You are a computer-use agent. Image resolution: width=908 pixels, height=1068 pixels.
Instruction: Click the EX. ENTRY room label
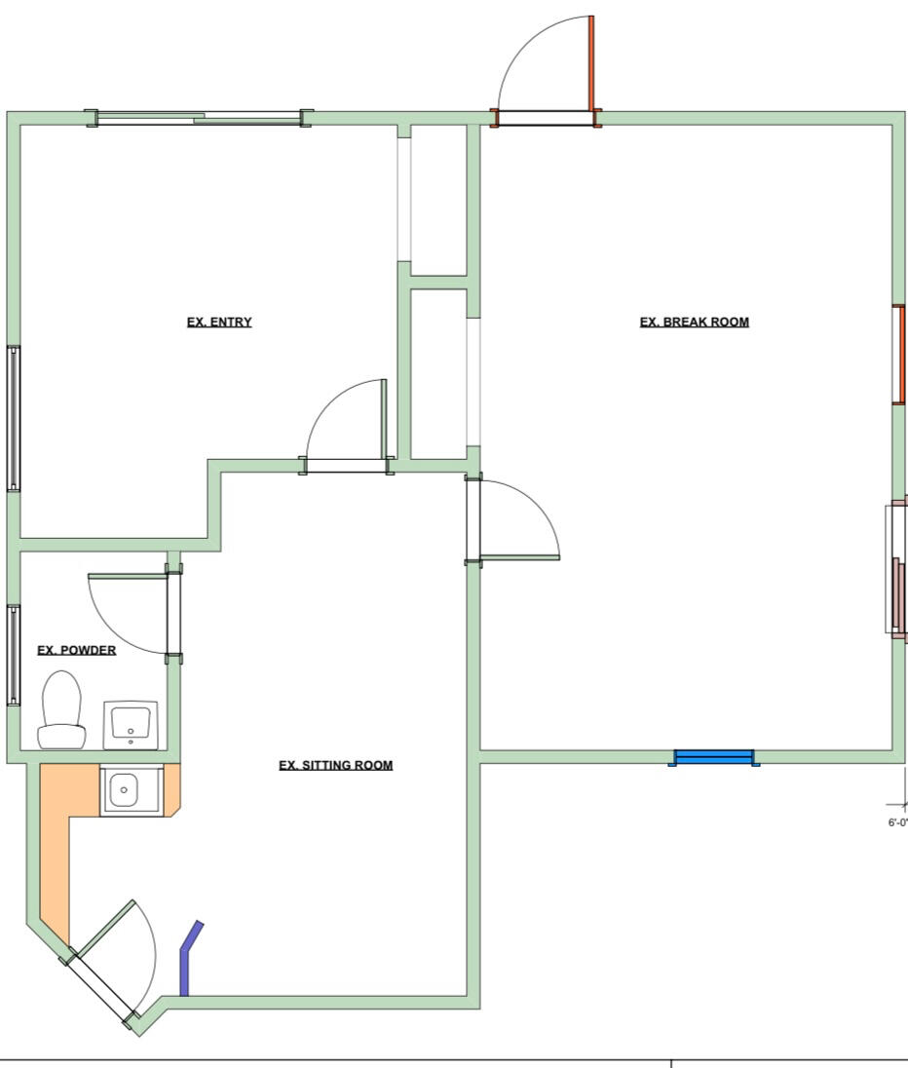coord(219,323)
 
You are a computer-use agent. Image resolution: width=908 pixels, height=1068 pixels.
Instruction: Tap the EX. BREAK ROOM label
coord(694,323)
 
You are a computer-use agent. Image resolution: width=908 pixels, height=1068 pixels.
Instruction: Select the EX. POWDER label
coord(76,650)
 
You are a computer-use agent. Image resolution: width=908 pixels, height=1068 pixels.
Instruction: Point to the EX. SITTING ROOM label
coord(335,765)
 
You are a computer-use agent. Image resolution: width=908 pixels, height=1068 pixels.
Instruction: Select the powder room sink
coord(131,724)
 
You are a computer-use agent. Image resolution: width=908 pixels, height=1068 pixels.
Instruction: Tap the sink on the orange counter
coord(124,789)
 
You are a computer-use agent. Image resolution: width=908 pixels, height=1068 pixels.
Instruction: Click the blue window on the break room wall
coord(714,757)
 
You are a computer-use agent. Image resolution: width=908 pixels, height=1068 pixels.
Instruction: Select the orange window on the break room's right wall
coord(900,354)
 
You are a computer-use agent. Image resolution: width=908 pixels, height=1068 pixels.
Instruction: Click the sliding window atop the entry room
coord(199,119)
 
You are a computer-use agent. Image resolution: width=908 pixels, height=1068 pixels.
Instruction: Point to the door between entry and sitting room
coord(347,465)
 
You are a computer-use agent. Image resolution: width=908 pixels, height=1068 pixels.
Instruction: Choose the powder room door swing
coord(129,611)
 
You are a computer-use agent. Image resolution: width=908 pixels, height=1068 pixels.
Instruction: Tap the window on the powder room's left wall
coord(14,654)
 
